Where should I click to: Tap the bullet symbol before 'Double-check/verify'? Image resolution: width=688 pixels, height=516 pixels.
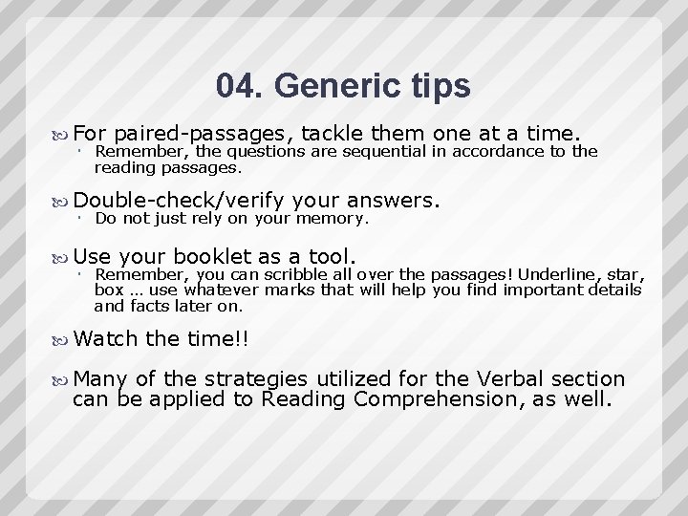[63, 201]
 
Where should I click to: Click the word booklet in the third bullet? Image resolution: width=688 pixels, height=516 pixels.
[207, 256]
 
